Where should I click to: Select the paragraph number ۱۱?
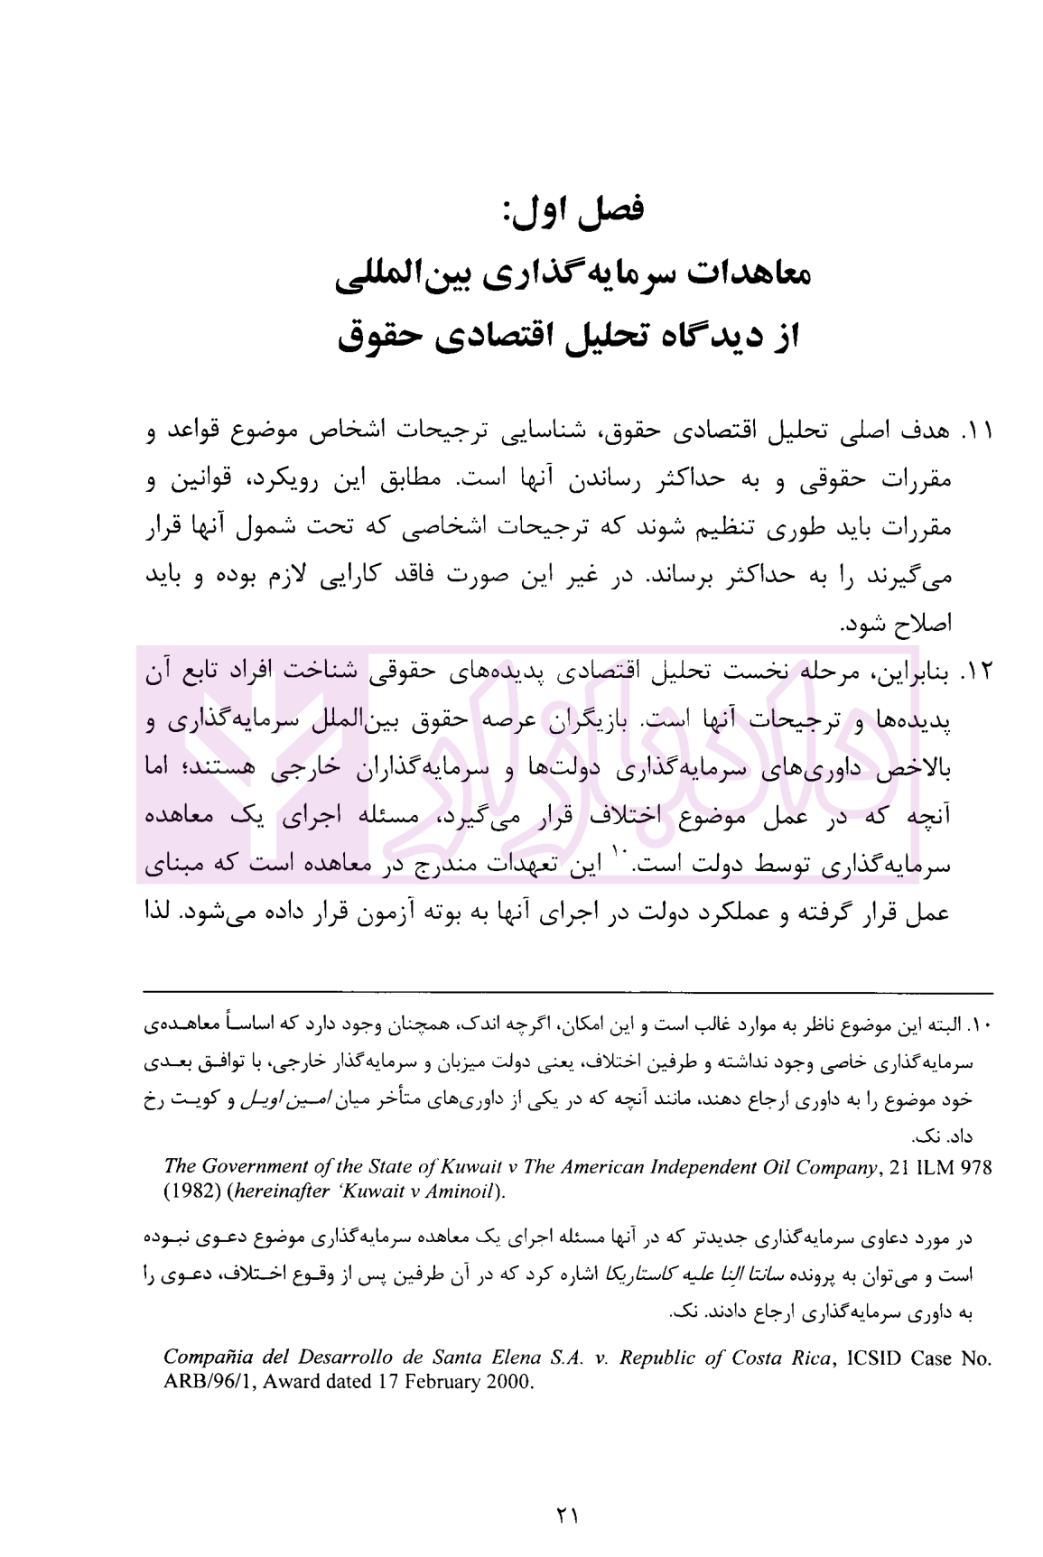pyautogui.click(x=978, y=432)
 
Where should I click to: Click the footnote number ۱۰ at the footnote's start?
pyautogui.click(x=982, y=1026)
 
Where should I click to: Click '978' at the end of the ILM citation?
pyautogui.click(x=975, y=1167)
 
